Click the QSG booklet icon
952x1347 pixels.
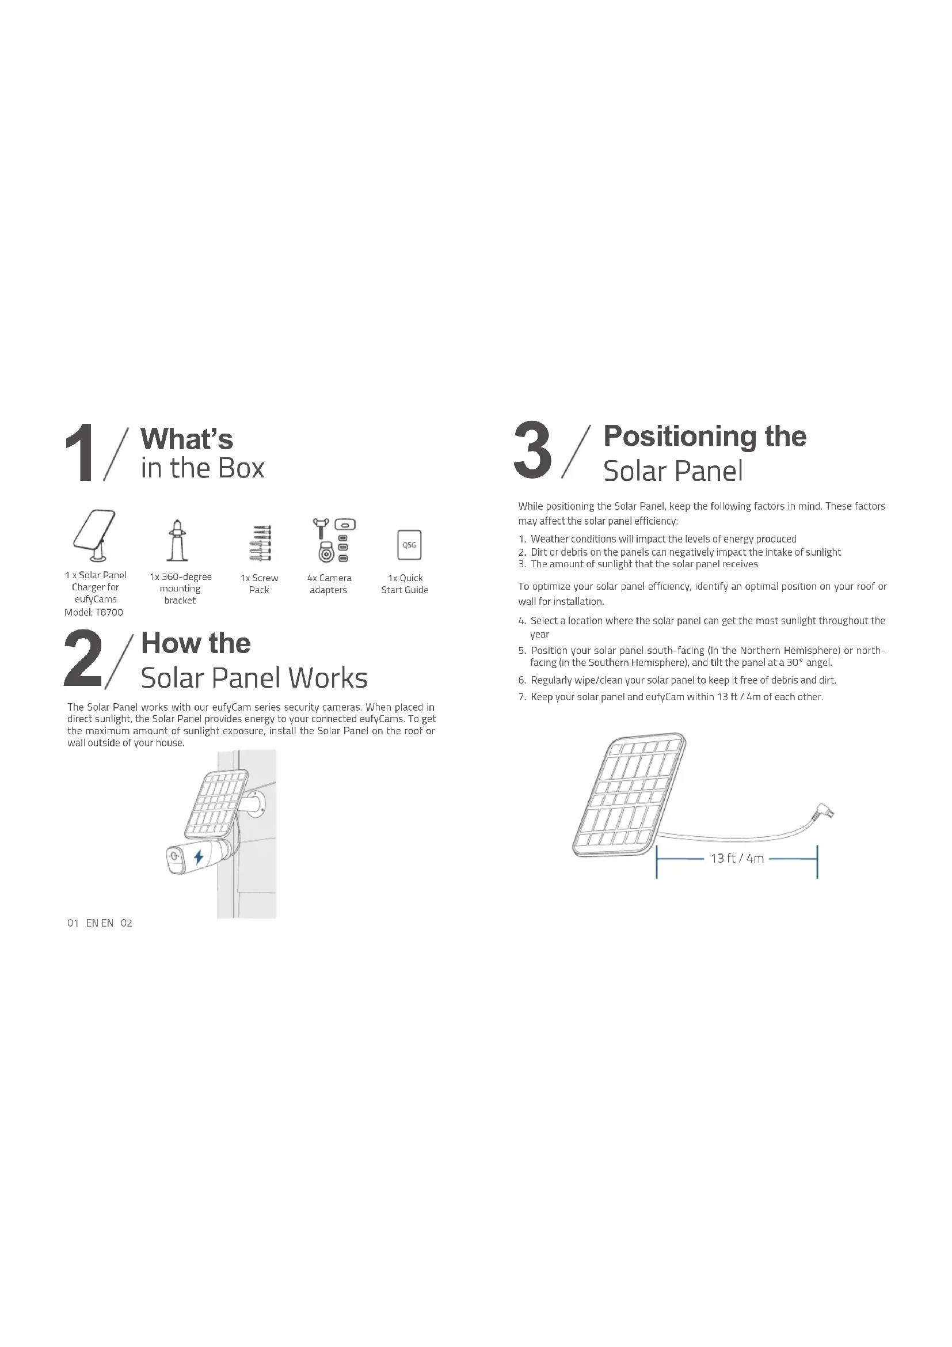point(409,545)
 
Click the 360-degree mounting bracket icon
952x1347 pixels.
point(177,540)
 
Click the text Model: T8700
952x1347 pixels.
point(94,612)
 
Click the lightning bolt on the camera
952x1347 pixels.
point(199,857)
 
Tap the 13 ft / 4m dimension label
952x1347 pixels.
point(737,858)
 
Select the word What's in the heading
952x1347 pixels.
point(187,439)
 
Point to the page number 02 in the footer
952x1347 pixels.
point(127,923)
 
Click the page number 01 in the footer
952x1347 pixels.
point(73,923)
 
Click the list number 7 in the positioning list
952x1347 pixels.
point(521,697)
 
